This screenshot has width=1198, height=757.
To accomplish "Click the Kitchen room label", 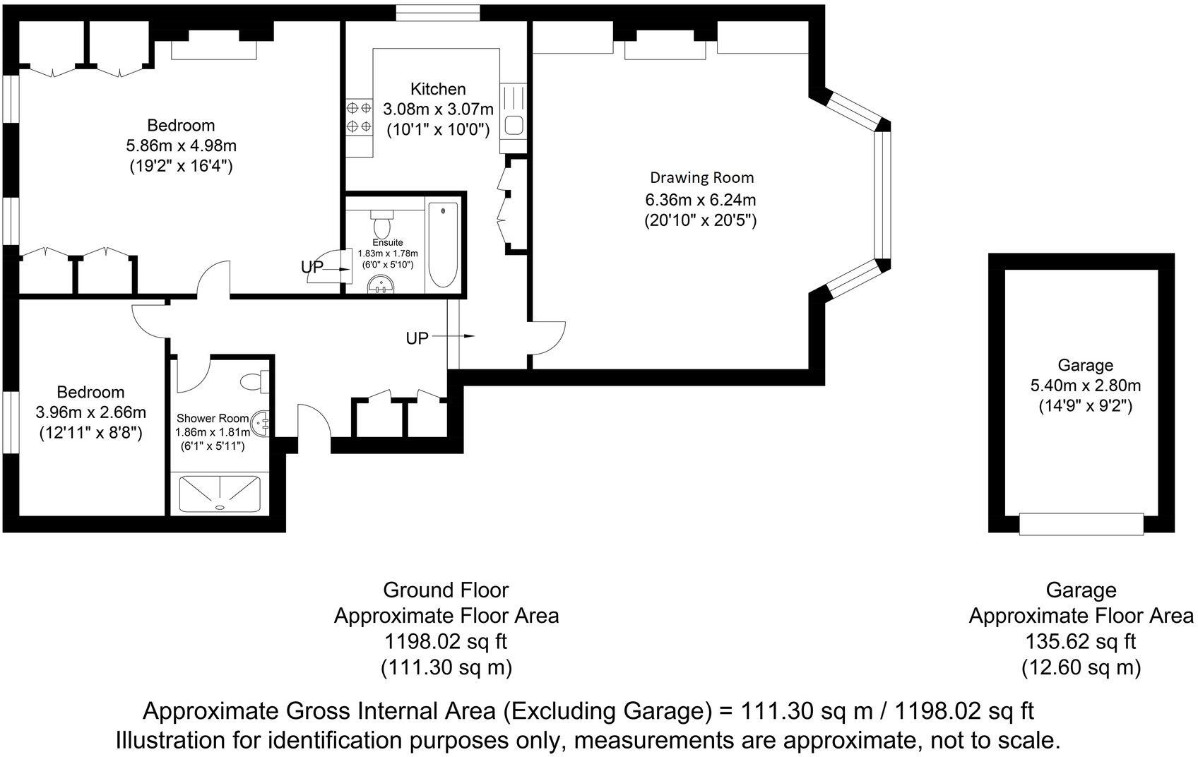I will [x=438, y=89].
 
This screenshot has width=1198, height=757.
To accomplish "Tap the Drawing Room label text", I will [x=701, y=177].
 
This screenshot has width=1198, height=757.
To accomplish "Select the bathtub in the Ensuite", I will [x=443, y=245].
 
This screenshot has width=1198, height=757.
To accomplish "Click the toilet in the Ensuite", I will [x=382, y=225].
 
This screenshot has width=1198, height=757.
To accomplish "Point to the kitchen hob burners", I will [x=359, y=118].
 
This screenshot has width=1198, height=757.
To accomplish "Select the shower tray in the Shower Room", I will [x=220, y=494].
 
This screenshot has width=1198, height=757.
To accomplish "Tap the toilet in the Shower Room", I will [x=252, y=382].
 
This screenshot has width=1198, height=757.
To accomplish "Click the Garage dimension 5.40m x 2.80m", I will [x=1085, y=386].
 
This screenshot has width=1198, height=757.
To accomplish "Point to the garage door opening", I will [x=1081, y=524].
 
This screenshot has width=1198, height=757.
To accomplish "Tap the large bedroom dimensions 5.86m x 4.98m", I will [x=181, y=146].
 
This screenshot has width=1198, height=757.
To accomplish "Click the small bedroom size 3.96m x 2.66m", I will [x=90, y=412].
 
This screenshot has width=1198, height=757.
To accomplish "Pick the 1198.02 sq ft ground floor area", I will [x=445, y=642].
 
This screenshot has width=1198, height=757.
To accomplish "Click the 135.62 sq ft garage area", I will [x=1081, y=642].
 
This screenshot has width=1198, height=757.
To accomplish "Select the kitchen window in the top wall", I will [x=438, y=13].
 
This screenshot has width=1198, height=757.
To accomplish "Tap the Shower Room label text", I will [x=213, y=418].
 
